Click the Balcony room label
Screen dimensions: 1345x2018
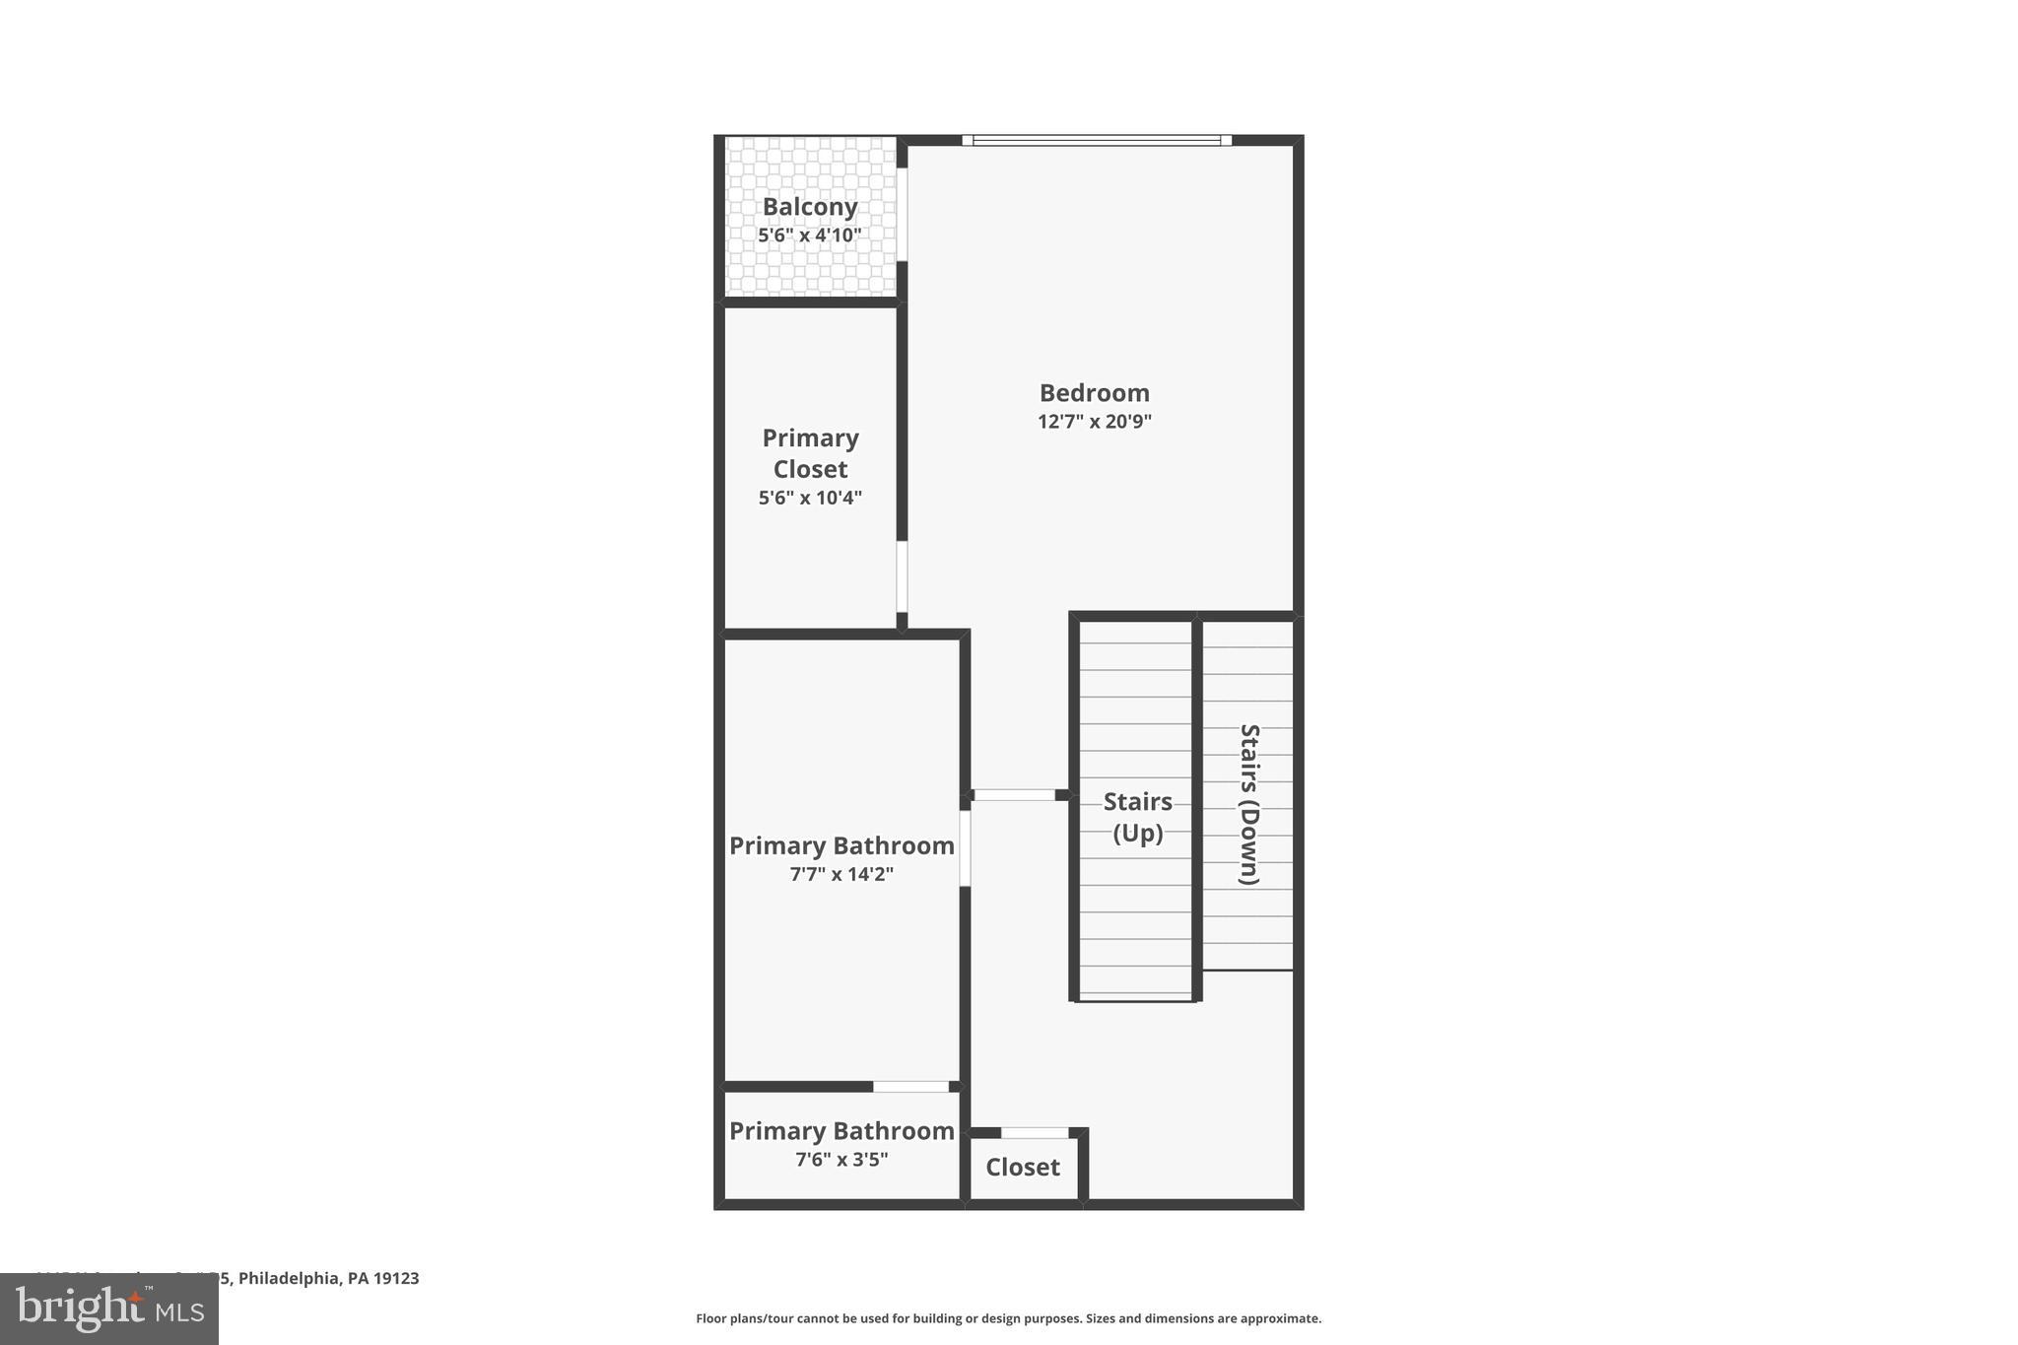pos(810,207)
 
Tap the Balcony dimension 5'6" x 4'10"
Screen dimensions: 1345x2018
pos(810,235)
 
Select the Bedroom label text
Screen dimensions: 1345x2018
pos(1094,393)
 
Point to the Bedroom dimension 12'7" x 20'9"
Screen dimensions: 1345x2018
pos(1094,422)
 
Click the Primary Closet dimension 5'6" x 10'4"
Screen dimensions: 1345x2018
pos(810,499)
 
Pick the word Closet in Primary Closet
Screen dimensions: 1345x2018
pos(810,469)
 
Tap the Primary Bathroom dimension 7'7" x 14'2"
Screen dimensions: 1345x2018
pos(841,874)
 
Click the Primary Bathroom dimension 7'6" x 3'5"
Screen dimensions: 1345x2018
pos(841,1160)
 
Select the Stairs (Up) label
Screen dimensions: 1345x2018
pos(1137,817)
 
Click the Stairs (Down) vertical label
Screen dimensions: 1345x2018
pos(1248,804)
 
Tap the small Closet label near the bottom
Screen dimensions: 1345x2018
pos(1023,1168)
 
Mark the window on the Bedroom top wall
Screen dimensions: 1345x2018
pos(1097,141)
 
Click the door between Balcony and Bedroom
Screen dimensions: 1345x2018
pos(902,214)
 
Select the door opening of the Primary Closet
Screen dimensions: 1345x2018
pos(902,576)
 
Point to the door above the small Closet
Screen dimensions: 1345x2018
pos(1035,1133)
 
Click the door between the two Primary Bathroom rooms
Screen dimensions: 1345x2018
pos(910,1087)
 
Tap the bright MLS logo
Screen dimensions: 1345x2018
pos(109,1310)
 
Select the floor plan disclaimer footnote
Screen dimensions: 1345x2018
pos(1008,1318)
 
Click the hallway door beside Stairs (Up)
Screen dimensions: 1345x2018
pos(1014,794)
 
